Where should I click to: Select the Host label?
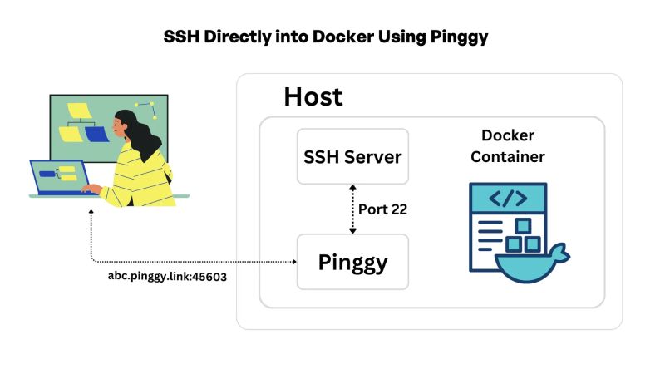[313, 96]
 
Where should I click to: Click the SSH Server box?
[352, 156]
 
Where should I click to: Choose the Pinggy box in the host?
[352, 262]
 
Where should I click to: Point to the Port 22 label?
[382, 209]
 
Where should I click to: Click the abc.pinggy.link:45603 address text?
[167, 276]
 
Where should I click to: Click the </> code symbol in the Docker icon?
[507, 199]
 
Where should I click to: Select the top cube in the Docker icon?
[522, 225]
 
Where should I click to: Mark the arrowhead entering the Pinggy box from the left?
[293, 262]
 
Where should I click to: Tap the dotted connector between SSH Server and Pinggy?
[352, 209]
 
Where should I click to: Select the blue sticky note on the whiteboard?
[96, 134]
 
